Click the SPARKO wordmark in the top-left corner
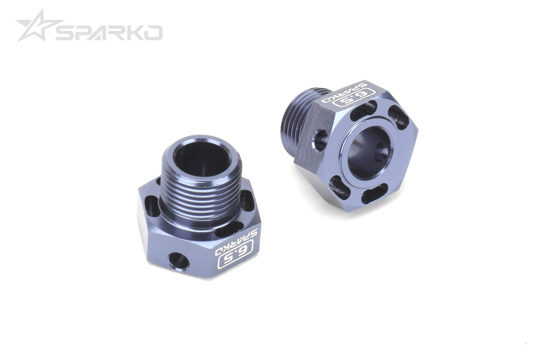[109, 33]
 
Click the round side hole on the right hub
[320, 138]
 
